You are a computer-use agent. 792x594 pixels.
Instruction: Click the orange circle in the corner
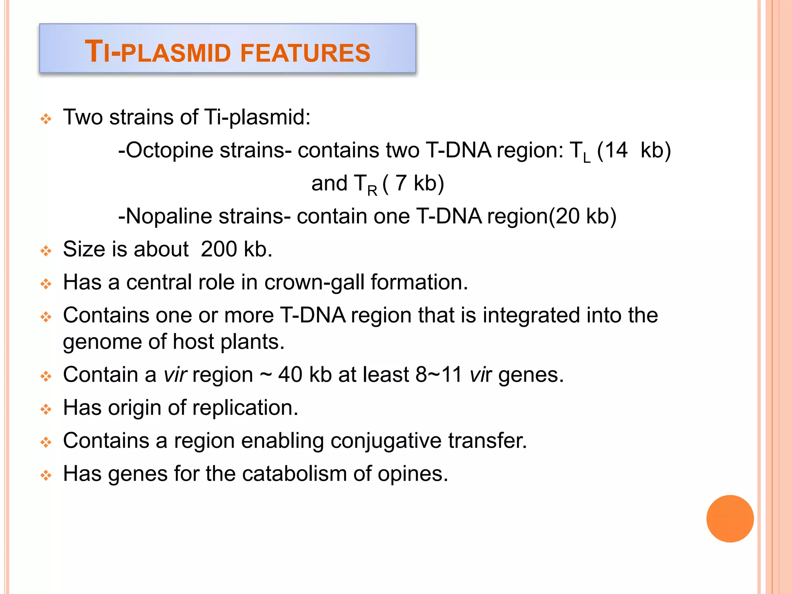tap(730, 519)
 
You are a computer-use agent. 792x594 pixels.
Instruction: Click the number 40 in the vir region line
tap(290, 375)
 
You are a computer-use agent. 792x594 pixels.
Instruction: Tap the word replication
tap(245, 408)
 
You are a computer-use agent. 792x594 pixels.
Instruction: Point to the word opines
tap(412, 475)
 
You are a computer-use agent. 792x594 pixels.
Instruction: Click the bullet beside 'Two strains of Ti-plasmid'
tap(46, 119)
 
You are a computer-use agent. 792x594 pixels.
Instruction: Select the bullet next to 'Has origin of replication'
tap(46, 409)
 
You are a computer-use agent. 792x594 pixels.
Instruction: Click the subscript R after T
tap(372, 191)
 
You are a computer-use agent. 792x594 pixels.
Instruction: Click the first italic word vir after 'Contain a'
tap(175, 375)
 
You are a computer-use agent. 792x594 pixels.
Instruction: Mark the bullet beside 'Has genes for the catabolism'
tap(46, 475)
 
